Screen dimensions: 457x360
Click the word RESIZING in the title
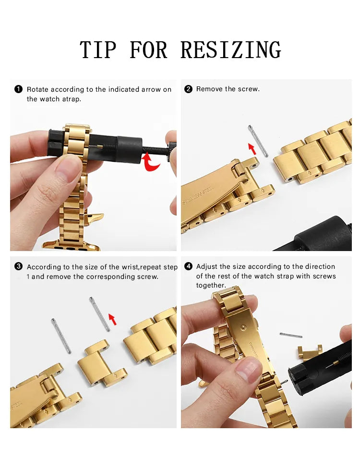[x=230, y=50]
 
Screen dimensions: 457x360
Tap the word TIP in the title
[x=98, y=50]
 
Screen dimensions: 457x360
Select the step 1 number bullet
[x=19, y=89]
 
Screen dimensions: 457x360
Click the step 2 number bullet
[x=188, y=89]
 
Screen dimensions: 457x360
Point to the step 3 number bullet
[x=19, y=266]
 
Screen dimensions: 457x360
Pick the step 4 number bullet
[x=188, y=266]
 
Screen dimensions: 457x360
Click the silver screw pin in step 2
[x=258, y=140]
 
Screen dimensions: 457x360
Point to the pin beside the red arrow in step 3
[x=100, y=314]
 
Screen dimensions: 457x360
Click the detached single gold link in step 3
[x=101, y=364]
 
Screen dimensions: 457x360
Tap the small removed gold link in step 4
[x=309, y=351]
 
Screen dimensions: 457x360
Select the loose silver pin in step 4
[x=291, y=335]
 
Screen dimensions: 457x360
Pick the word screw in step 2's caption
[x=248, y=89]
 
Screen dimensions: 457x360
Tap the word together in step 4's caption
[x=211, y=286]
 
